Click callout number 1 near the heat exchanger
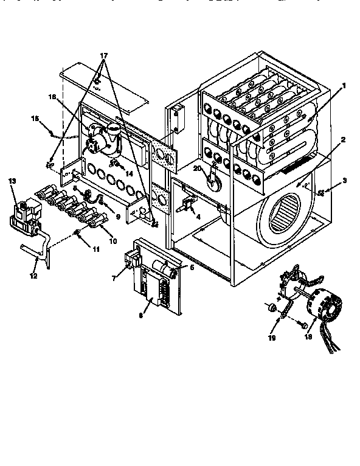pos(344,86)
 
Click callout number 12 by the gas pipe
pos(35,276)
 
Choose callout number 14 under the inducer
pos(129,173)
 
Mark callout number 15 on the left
pos(35,118)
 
